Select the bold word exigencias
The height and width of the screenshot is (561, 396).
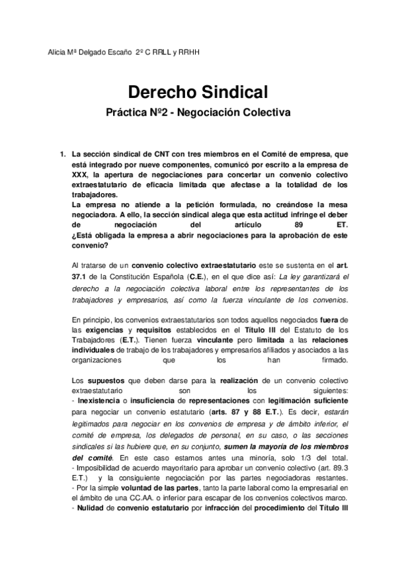coord(102,329)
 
